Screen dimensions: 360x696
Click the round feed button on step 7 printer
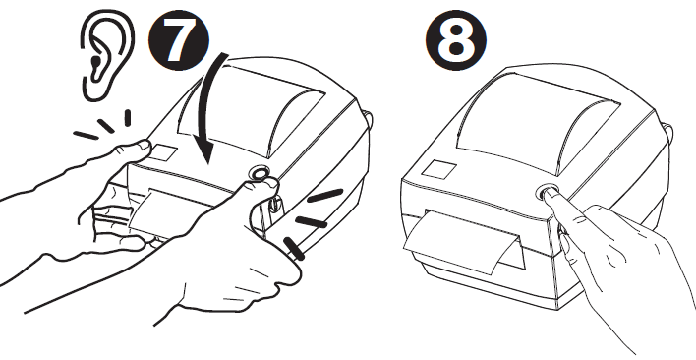(x=260, y=176)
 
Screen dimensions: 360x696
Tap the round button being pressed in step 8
(x=547, y=192)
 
